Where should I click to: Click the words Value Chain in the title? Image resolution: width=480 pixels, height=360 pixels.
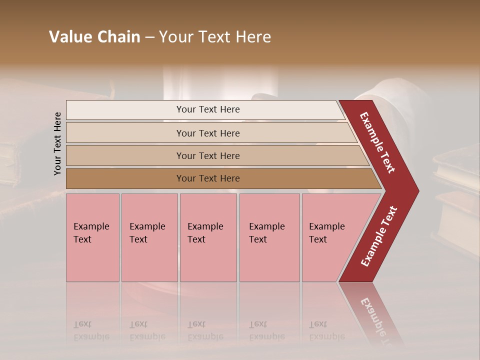[x=94, y=37]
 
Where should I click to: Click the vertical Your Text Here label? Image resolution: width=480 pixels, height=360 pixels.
[x=57, y=143]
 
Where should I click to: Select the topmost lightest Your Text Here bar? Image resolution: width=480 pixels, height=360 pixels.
[x=208, y=109]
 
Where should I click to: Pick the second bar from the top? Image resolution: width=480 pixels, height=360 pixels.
[x=208, y=133]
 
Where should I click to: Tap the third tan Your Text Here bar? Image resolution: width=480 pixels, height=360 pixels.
[x=208, y=155]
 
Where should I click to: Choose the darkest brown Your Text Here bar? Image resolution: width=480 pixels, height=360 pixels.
[x=208, y=178]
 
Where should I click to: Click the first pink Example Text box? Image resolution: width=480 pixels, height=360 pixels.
[x=92, y=237]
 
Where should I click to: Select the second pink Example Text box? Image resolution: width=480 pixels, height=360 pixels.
[x=149, y=237]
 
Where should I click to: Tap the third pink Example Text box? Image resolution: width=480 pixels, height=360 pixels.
[x=208, y=237]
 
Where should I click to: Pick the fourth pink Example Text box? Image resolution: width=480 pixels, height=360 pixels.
[x=269, y=237]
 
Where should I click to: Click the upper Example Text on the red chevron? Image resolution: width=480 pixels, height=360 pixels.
[x=378, y=142]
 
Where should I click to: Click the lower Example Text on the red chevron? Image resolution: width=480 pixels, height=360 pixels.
[x=379, y=236]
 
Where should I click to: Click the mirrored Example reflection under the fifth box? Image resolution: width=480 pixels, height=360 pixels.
[x=327, y=336]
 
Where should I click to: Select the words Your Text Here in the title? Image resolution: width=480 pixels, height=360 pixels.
[x=215, y=37]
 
